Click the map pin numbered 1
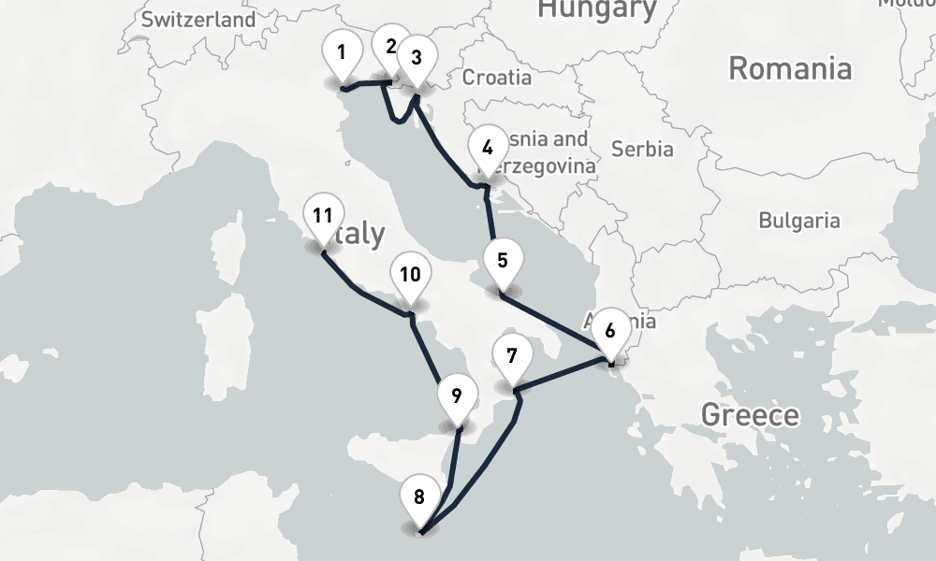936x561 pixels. (342, 52)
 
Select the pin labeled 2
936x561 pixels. (390, 47)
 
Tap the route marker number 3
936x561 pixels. (417, 58)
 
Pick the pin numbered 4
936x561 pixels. (487, 148)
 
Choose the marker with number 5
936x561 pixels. (503, 260)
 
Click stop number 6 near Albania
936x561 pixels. (610, 330)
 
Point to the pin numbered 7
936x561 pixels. (511, 356)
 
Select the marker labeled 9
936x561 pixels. (456, 396)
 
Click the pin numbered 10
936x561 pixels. (409, 275)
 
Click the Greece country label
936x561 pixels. (750, 414)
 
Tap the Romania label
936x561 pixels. (790, 68)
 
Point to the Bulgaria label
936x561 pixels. (798, 221)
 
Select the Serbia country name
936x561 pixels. (642, 148)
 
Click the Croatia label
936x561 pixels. (497, 77)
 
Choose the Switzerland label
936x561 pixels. (197, 19)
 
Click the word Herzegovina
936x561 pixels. (548, 165)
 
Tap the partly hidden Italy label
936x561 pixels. (359, 234)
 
